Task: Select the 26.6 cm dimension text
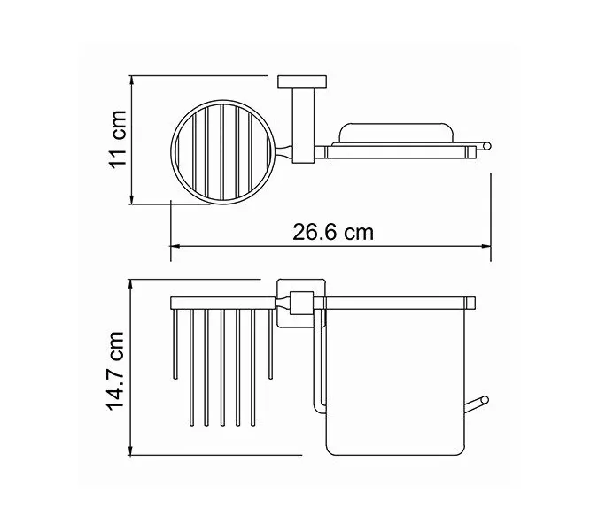point(332,233)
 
